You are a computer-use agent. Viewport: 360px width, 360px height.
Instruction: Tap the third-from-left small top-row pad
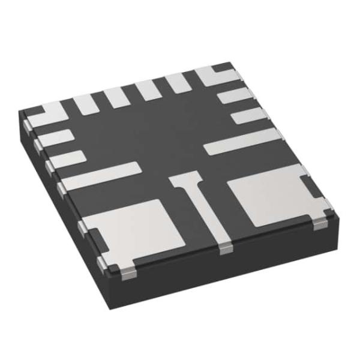coord(146,90)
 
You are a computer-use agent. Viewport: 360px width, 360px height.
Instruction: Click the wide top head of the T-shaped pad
coord(185,178)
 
